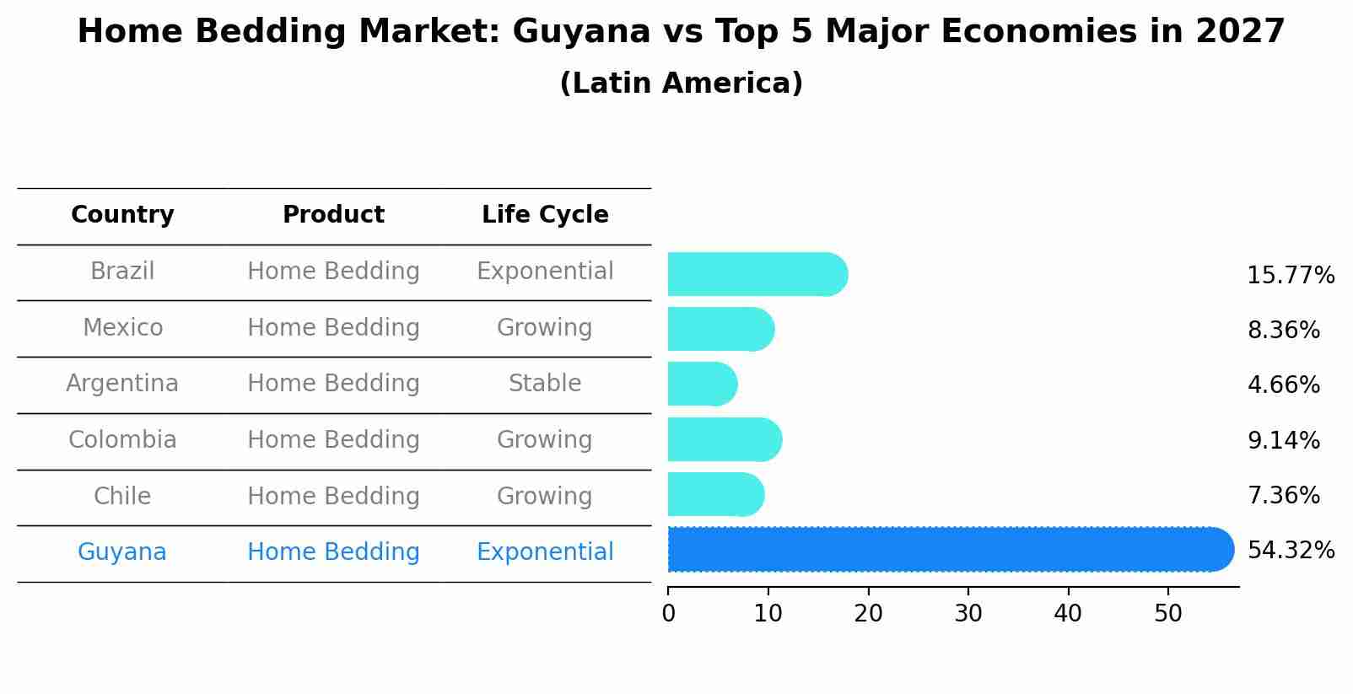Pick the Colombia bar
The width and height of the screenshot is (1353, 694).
[x=724, y=439]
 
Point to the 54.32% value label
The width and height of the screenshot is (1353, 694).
[x=1291, y=551]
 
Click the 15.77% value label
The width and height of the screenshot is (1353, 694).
[x=1291, y=276]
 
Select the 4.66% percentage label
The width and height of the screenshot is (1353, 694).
[x=1283, y=385]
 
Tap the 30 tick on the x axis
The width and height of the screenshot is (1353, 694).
[x=968, y=614]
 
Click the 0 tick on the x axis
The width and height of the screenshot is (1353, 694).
[x=669, y=614]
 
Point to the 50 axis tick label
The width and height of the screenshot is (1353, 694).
[x=1168, y=614]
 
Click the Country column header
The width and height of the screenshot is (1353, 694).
[x=122, y=215]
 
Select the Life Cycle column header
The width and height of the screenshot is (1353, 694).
[x=545, y=215]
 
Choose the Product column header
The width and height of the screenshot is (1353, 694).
[x=333, y=215]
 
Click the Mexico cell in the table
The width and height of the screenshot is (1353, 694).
[x=122, y=327]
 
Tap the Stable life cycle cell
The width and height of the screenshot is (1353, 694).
[x=545, y=384]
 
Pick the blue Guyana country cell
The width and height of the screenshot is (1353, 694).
[x=122, y=552]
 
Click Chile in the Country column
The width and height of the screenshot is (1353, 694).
[x=122, y=496]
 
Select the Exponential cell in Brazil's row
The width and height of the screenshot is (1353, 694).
[x=545, y=272]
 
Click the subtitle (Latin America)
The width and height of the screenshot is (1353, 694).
[x=681, y=83]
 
